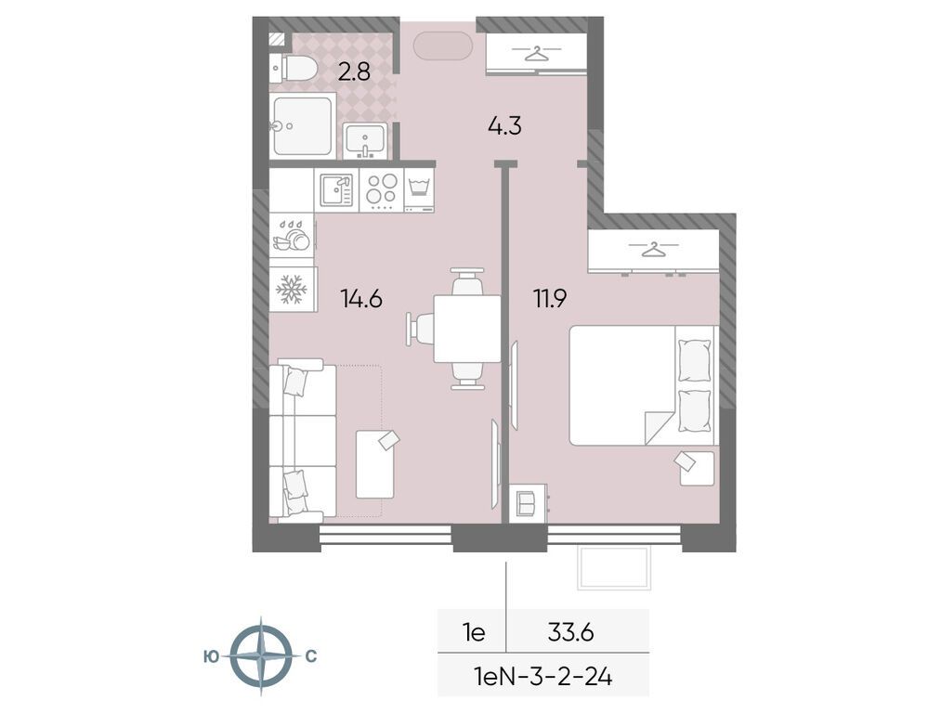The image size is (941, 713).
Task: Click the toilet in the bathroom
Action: click(294, 67)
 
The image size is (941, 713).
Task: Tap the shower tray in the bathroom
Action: click(302, 125)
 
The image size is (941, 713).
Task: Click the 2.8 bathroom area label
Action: click(354, 71)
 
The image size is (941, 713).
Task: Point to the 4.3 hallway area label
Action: click(504, 125)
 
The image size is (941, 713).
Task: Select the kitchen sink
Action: click(336, 189)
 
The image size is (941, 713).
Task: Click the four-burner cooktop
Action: click(380, 189)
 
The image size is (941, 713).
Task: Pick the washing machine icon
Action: click(420, 189)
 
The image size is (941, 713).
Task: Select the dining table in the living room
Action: click(467, 328)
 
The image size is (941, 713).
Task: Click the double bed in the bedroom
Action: click(641, 384)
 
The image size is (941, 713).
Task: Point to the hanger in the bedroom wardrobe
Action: click(655, 249)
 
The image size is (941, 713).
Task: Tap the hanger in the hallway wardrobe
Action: click(535, 54)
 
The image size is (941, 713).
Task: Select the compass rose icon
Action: click(260, 655)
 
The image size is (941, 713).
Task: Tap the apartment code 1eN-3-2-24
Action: click(543, 677)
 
